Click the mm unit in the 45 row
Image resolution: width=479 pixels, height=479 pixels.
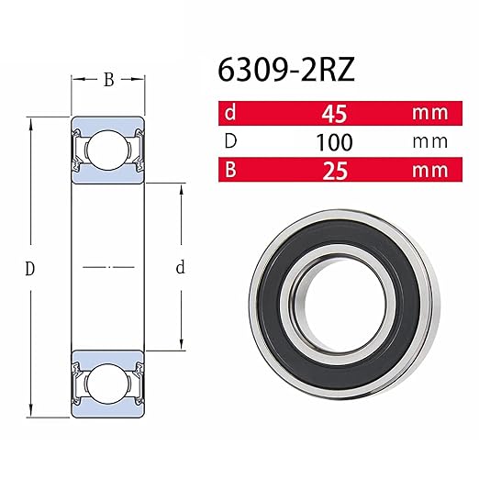pos(429,115)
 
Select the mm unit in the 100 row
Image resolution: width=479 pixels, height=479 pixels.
pos(429,142)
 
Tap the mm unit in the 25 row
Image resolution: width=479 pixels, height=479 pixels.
pos(429,170)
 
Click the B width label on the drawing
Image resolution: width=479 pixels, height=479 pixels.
pos(108,80)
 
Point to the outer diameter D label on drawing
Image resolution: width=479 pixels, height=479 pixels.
pos(30,269)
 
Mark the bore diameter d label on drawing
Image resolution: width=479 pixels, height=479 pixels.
pos(181,268)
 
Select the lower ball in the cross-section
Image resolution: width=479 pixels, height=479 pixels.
pos(108,377)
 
